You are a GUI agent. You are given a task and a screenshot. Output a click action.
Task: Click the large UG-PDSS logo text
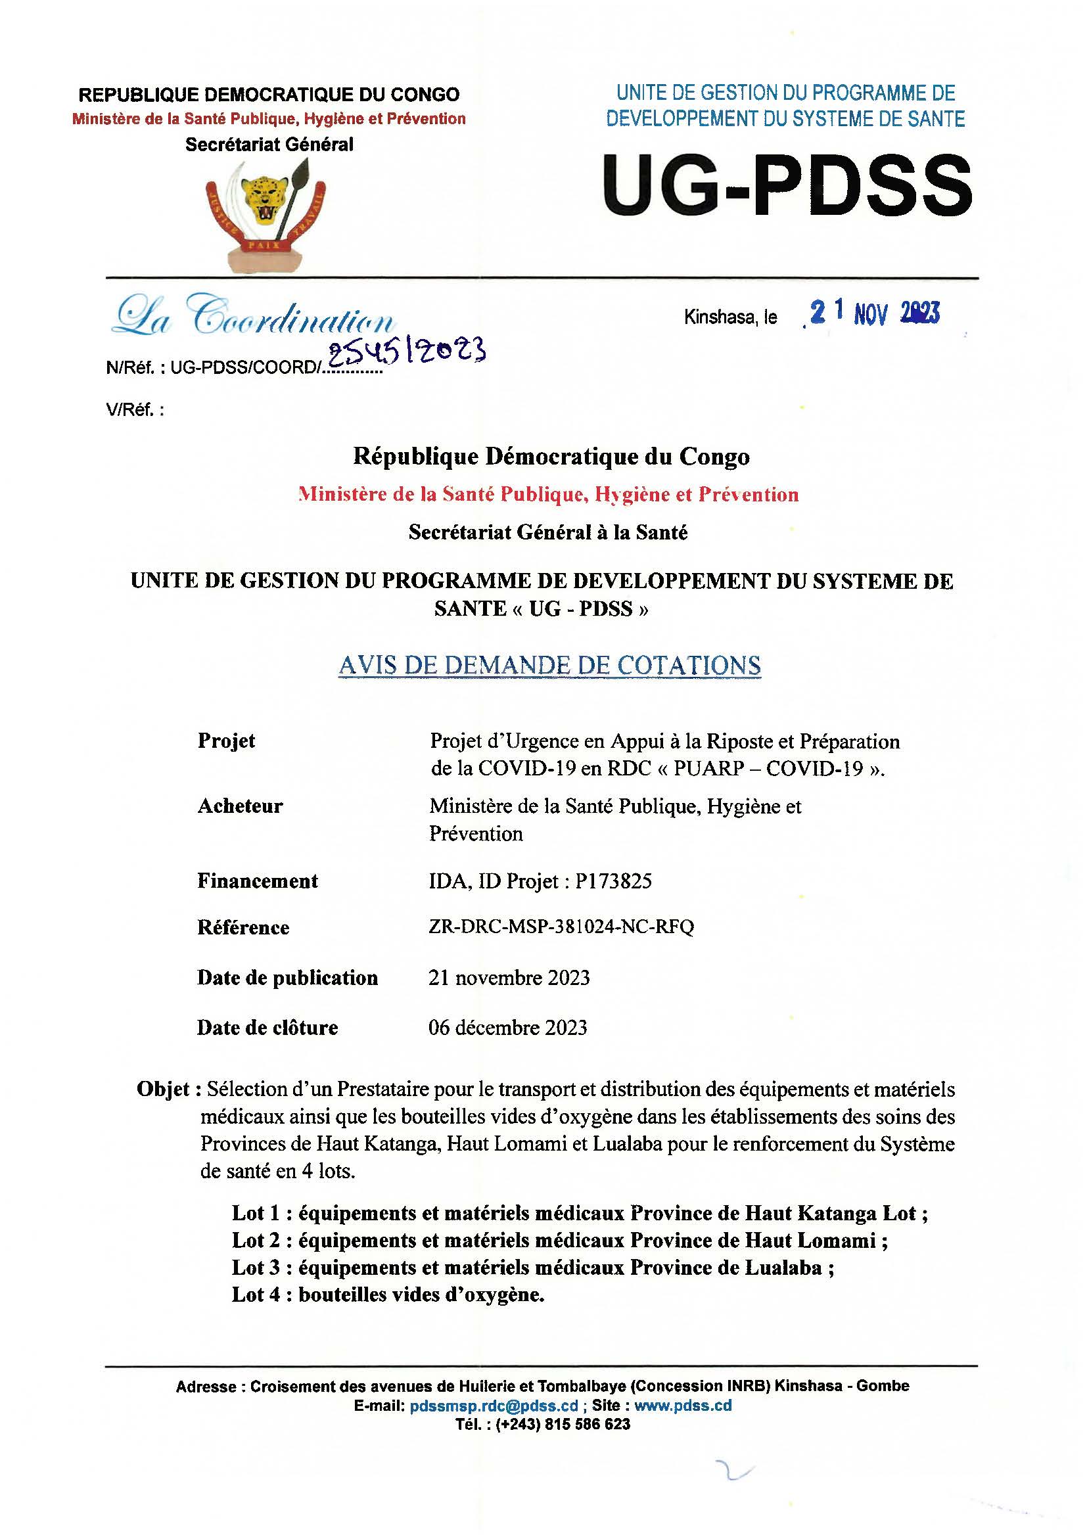[787, 185]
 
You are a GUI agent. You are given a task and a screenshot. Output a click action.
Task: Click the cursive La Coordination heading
[253, 316]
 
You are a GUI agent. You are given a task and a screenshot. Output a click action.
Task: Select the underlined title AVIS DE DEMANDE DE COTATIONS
[549, 666]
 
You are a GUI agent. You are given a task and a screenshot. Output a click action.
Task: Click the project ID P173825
[613, 881]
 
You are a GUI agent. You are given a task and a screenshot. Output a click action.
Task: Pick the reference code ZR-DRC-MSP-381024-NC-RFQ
[561, 927]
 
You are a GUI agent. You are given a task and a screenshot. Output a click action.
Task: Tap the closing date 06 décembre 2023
[507, 1028]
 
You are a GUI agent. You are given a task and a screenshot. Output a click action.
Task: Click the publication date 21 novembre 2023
[509, 978]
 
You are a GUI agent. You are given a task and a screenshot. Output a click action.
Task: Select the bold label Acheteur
[240, 806]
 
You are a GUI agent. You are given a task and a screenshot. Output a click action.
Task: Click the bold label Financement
[258, 881]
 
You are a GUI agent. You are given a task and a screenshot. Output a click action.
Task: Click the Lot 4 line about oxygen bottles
[388, 1295]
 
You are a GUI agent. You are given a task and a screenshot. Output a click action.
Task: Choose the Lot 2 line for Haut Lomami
[559, 1241]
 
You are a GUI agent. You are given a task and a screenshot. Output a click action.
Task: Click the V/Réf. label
[135, 409]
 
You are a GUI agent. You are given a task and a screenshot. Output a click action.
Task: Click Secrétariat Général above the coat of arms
[269, 145]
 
